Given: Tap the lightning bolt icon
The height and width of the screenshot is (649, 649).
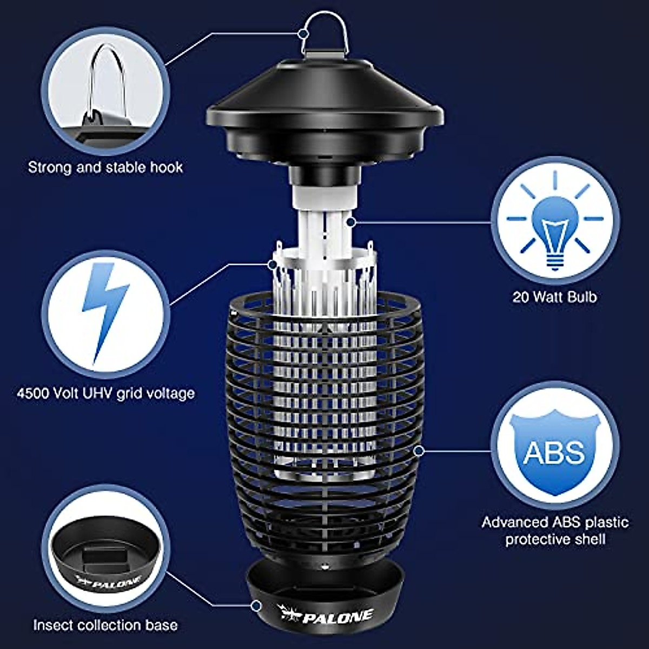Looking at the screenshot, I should [x=104, y=311].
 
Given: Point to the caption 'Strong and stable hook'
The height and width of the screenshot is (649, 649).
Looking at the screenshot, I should [x=105, y=167].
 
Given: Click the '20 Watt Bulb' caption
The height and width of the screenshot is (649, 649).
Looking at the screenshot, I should [x=555, y=297].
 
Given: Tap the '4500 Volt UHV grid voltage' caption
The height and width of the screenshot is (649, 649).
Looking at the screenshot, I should [x=105, y=392].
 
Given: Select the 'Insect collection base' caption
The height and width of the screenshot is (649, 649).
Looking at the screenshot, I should [x=105, y=625].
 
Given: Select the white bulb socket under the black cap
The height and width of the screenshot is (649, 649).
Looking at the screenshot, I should [x=325, y=198].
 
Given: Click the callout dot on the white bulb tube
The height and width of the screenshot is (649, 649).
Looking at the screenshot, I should [x=352, y=221].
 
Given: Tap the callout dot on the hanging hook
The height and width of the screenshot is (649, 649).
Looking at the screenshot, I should [x=303, y=34].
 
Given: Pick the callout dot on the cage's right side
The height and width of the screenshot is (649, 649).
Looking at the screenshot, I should [x=418, y=449].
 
